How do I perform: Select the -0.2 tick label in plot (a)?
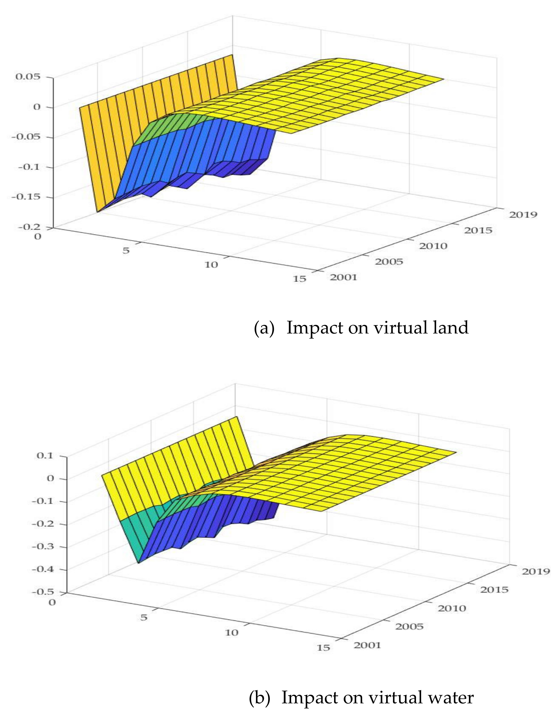click(x=28, y=226)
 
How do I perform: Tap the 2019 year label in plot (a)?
click(x=523, y=215)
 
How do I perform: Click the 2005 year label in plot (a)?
click(x=389, y=262)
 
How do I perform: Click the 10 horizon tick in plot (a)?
click(x=211, y=265)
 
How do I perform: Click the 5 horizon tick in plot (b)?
click(x=144, y=617)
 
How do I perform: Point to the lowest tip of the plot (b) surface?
click(x=139, y=563)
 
